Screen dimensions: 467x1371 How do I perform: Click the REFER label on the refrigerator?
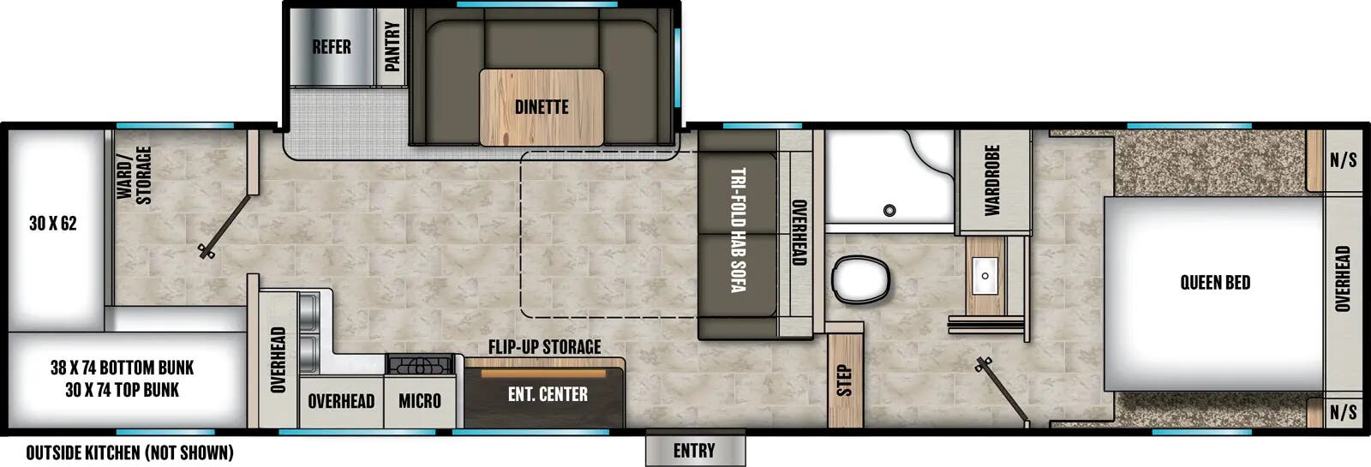(331, 47)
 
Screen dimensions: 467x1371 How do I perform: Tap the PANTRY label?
(392, 46)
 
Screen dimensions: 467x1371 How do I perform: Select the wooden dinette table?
(542, 107)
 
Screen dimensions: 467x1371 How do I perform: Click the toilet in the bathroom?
(859, 279)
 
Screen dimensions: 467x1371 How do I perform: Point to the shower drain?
(889, 210)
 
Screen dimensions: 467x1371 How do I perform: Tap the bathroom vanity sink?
(985, 276)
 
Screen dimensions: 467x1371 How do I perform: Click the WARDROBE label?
(992, 180)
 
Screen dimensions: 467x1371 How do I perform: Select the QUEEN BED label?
(1214, 283)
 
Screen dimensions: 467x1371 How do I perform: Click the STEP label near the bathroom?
(844, 380)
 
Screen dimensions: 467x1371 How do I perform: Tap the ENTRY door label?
(694, 451)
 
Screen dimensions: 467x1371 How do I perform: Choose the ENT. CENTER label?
(548, 394)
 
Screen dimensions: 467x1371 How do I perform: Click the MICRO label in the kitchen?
(420, 401)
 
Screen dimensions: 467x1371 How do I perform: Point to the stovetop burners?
(420, 365)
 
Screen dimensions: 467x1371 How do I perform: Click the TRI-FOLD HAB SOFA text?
(737, 230)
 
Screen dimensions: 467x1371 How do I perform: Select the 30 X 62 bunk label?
(52, 224)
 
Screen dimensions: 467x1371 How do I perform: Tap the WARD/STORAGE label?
(135, 175)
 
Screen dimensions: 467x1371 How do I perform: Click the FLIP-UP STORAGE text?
(544, 347)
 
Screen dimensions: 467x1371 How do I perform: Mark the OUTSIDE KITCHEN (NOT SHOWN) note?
(129, 452)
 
